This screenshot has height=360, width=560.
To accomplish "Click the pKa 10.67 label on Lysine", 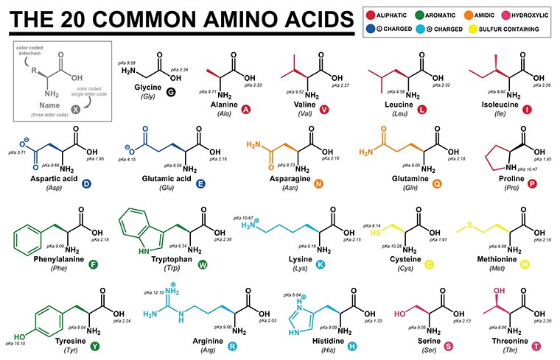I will pos(243,218).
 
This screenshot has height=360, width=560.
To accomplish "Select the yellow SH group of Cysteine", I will pos(376,232).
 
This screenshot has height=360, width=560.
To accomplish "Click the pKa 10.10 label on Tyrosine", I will pos(16,343).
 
